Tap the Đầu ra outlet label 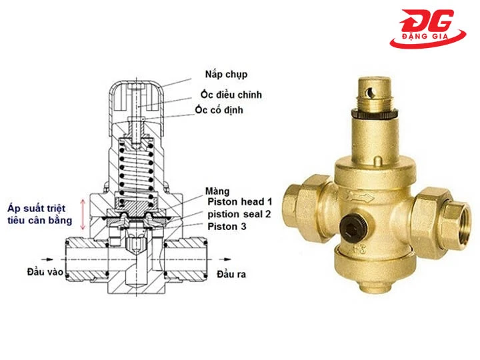(x=230, y=273)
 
